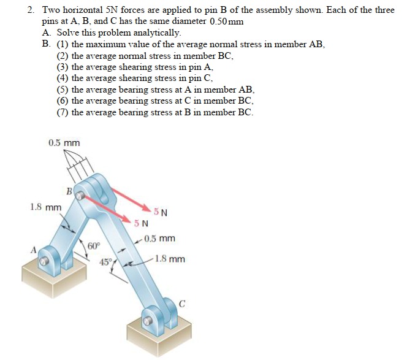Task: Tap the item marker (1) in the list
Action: [x=63, y=44]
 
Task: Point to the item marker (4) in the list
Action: [x=63, y=78]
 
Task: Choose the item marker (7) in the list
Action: [x=63, y=112]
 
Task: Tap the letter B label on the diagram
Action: [x=70, y=192]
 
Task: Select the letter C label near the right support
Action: [x=182, y=301]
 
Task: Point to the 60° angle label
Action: [x=93, y=246]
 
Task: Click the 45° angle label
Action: [x=106, y=262]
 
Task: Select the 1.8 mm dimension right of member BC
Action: [x=170, y=259]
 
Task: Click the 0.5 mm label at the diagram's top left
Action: [x=64, y=143]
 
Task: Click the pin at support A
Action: [x=44, y=262]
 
